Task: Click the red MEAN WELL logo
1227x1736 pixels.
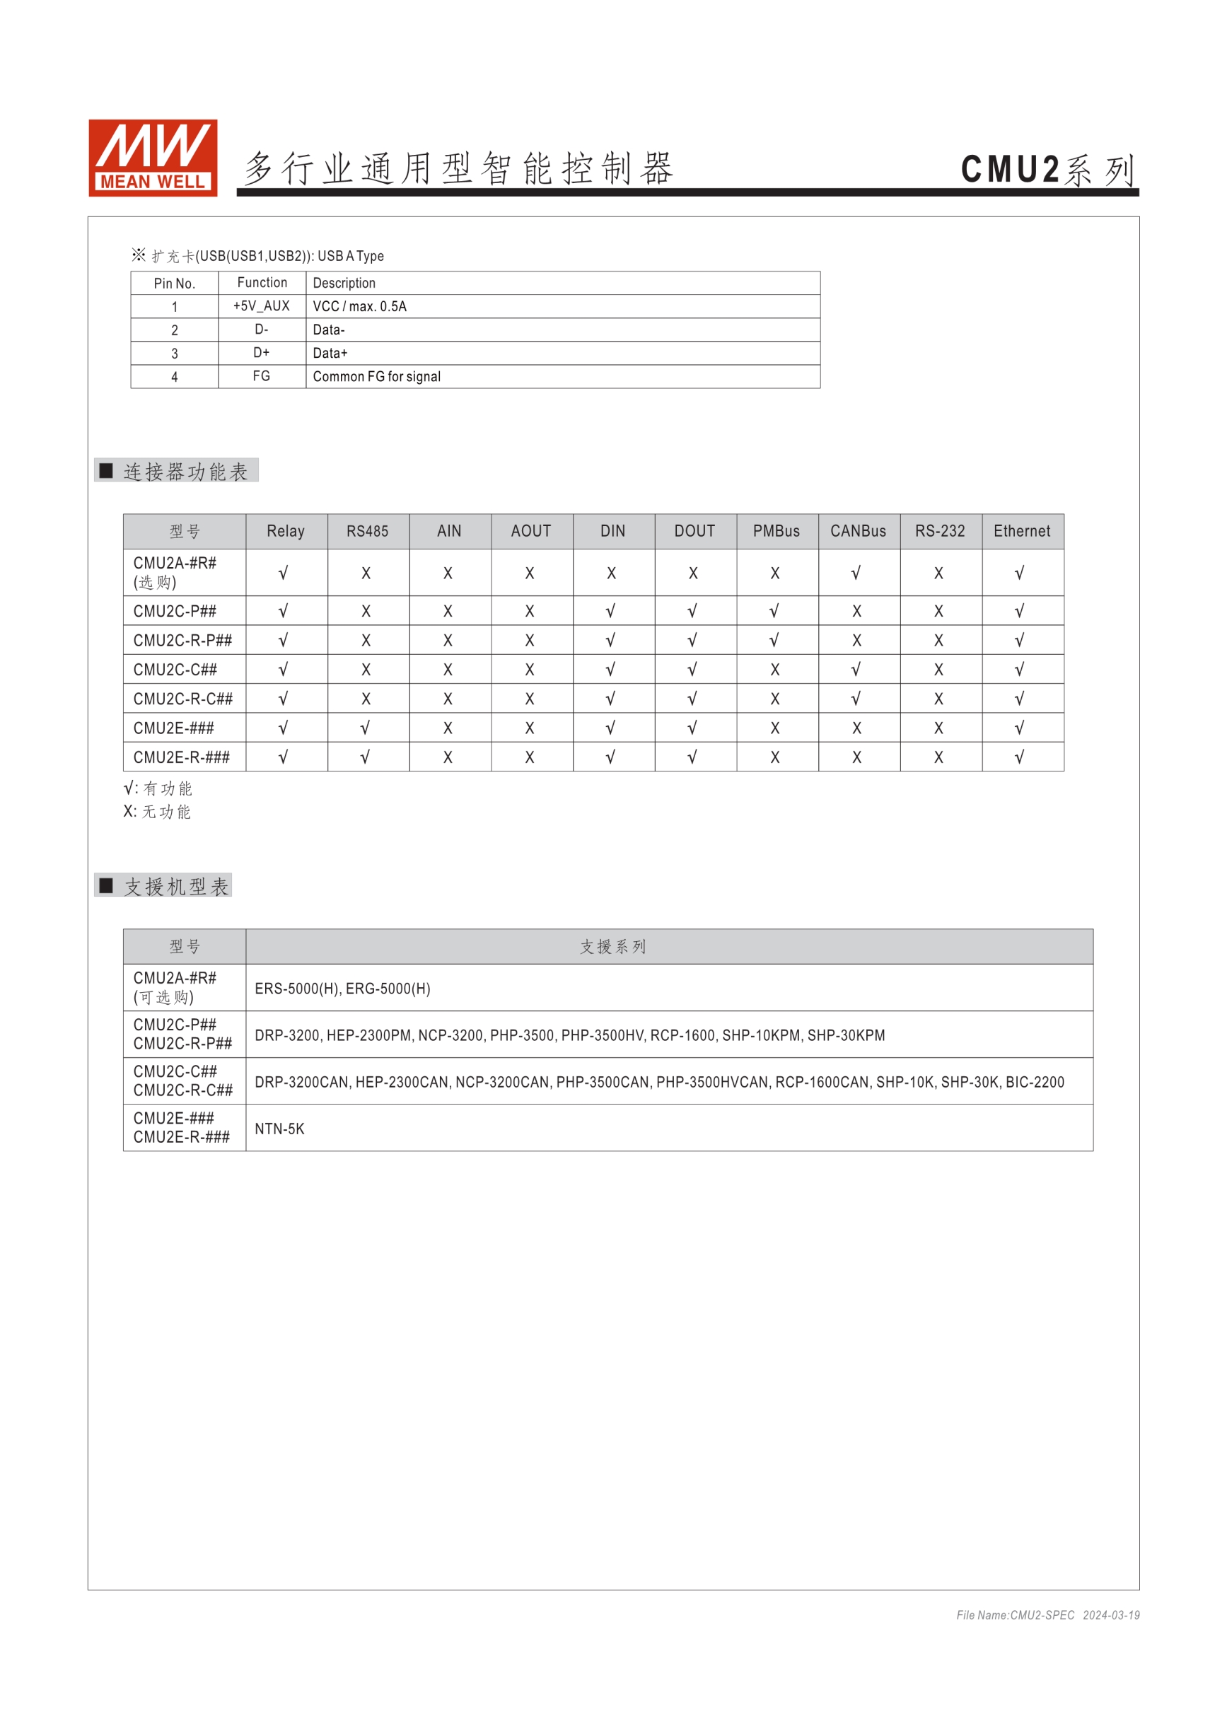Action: point(153,157)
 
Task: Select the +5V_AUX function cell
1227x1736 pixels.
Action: point(262,306)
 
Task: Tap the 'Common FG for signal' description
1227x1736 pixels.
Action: point(376,376)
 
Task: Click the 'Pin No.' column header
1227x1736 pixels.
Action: point(175,284)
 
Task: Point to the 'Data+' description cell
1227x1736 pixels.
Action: point(330,353)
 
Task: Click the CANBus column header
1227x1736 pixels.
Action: point(858,532)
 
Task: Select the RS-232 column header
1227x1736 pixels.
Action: point(940,532)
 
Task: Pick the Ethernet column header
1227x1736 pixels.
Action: point(1021,532)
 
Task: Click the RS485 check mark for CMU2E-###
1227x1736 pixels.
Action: point(366,728)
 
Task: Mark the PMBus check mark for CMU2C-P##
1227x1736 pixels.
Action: point(775,611)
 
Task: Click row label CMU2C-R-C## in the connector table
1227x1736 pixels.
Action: point(183,699)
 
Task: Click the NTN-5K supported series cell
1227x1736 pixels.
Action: point(280,1129)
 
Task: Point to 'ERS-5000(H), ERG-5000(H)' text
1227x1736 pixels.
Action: point(342,989)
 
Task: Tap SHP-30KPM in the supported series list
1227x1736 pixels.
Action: point(846,1036)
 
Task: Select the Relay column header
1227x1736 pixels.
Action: point(286,532)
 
